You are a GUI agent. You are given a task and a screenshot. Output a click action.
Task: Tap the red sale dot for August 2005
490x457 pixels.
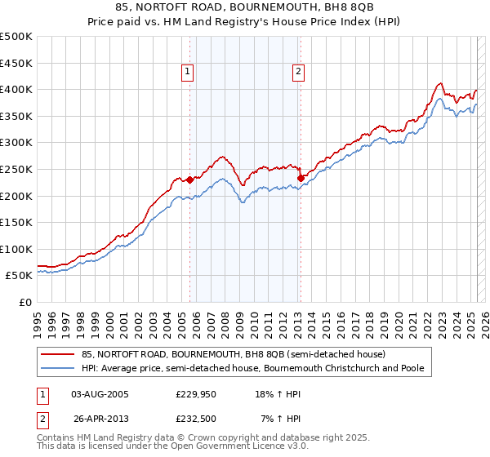click(189, 180)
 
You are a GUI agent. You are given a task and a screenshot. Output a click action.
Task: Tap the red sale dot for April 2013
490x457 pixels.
click(301, 178)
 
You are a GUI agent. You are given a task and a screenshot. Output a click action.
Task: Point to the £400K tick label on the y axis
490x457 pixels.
click(16, 90)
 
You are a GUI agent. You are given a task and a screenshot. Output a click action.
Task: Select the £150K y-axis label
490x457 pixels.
click(16, 222)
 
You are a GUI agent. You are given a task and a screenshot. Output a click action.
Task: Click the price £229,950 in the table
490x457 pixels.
click(197, 394)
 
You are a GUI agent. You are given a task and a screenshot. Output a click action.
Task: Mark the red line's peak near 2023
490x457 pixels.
click(440, 82)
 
